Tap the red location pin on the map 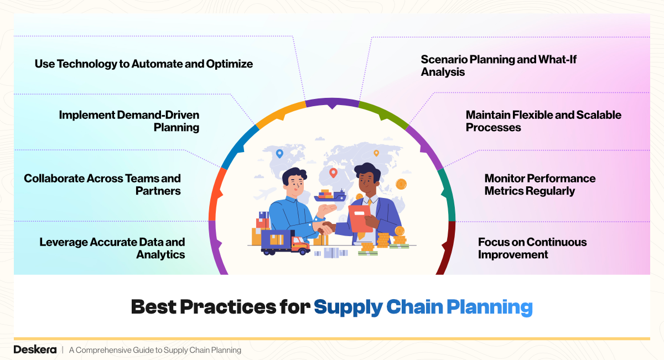click(333, 173)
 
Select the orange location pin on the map click(376, 153)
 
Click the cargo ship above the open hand click(330, 195)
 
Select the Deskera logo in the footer click(35, 349)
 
